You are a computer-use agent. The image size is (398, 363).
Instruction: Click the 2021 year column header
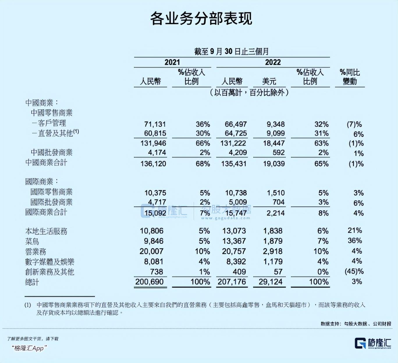[x=172, y=62]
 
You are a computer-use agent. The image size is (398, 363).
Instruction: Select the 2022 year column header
[x=273, y=62]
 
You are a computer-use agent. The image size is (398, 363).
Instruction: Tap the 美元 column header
[x=269, y=81]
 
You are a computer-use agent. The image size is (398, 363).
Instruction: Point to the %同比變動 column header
[x=350, y=77]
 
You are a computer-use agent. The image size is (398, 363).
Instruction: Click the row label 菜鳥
[x=32, y=241]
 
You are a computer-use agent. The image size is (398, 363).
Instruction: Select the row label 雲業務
[x=35, y=252]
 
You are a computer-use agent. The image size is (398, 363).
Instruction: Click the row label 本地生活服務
[x=46, y=231]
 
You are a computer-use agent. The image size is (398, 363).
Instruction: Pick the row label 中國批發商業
[x=51, y=152]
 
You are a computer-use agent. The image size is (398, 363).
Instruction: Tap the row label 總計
[x=32, y=282]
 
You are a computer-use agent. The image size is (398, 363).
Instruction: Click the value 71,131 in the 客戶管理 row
[x=155, y=124]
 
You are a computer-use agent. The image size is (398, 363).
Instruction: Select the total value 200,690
[x=150, y=282]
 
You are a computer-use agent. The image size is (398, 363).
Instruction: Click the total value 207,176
[x=232, y=282]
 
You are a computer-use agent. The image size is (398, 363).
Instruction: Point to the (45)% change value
[x=354, y=271]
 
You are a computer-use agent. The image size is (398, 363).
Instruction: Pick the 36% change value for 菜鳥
[x=355, y=241]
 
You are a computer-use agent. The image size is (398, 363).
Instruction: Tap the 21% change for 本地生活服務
[x=355, y=231]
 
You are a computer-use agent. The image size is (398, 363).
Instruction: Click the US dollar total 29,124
[x=271, y=282]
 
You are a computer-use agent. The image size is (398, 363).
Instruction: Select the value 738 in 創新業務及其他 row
[x=157, y=272]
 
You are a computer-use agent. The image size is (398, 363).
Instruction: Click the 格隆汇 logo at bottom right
[x=373, y=343]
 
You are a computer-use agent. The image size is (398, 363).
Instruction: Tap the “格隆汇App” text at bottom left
[x=29, y=348]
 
